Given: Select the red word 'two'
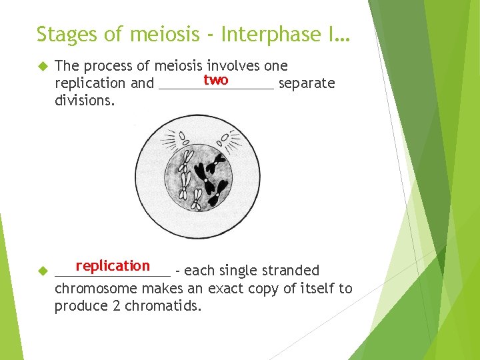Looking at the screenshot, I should pos(216,80).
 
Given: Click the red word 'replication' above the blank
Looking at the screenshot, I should pos(113,266).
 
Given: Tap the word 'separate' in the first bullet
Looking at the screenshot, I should pos(306,83).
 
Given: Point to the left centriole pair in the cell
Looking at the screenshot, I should pos(182,139).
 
